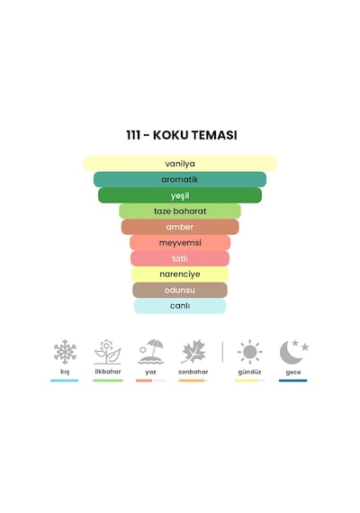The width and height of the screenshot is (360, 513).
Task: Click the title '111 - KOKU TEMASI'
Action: click(x=182, y=135)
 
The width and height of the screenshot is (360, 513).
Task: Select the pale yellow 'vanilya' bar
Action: click(x=180, y=164)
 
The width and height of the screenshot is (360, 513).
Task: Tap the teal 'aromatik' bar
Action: click(x=180, y=179)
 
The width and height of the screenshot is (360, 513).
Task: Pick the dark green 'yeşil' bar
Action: click(x=180, y=195)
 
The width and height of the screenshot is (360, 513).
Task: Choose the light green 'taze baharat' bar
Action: click(x=180, y=211)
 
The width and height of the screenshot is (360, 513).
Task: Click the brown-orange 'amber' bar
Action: click(x=180, y=227)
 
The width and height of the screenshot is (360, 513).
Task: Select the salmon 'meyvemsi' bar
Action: click(x=180, y=243)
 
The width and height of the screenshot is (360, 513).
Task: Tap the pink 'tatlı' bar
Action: click(x=180, y=258)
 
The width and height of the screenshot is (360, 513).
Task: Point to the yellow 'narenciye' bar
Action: click(x=180, y=274)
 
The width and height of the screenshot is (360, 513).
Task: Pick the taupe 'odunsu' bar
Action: click(x=180, y=290)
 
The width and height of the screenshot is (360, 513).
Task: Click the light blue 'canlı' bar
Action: click(x=180, y=306)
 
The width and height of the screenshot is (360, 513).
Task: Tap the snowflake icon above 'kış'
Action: click(x=65, y=352)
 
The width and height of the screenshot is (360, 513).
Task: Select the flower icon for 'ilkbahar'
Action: click(x=107, y=352)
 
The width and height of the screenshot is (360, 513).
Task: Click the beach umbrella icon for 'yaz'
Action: click(x=150, y=352)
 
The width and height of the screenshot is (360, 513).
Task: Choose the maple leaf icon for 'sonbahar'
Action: click(x=193, y=352)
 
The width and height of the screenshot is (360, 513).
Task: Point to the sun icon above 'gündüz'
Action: click(x=249, y=352)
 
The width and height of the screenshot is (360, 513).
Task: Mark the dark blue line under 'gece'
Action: click(x=292, y=381)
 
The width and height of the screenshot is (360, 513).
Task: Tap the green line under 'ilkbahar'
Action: click(x=108, y=381)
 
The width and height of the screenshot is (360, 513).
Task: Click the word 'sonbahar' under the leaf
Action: click(x=193, y=372)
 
